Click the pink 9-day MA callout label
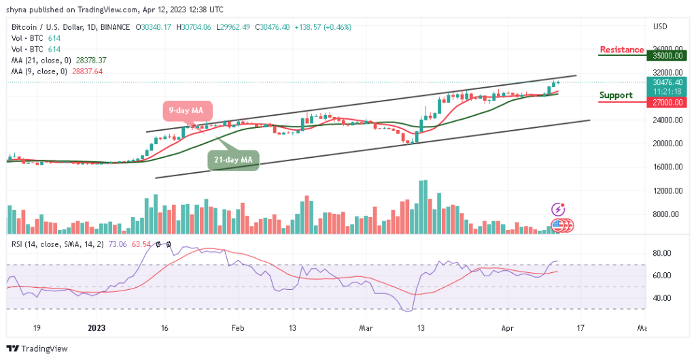pyautogui.click(x=187, y=110)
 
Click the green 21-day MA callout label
pyautogui.click(x=234, y=159)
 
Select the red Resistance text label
pyautogui.click(x=621, y=50)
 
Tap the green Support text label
pyautogui.click(x=616, y=95)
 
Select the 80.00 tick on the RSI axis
pyautogui.click(x=662, y=253)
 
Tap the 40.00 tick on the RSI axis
pyautogui.click(x=662, y=298)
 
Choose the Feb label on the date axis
pyautogui.click(x=237, y=327)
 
